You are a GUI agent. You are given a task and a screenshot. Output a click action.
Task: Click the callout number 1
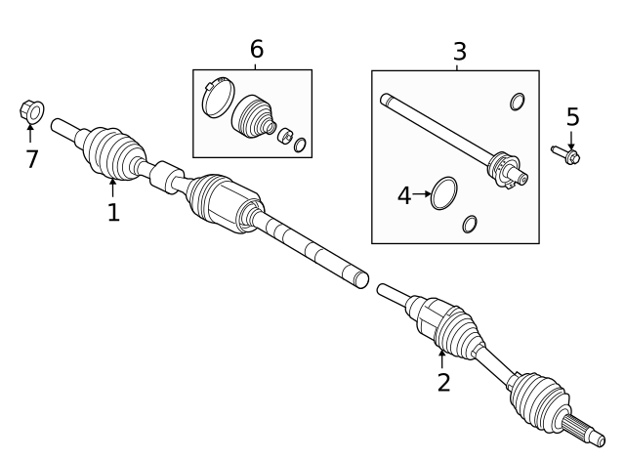pyautogui.click(x=113, y=211)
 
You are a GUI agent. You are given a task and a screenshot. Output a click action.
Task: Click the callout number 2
pyautogui.click(x=443, y=382)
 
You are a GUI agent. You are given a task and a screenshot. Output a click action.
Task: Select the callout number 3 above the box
pyautogui.click(x=459, y=53)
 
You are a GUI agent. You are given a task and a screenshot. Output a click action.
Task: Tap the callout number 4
pyautogui.click(x=404, y=195)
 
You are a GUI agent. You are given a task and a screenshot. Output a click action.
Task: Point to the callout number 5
pyautogui.click(x=572, y=117)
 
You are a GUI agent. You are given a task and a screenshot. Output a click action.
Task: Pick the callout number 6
pyautogui.click(x=256, y=49)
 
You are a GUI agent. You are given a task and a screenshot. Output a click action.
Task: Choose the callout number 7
pyautogui.click(x=32, y=159)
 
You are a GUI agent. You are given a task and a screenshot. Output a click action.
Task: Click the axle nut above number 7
pyautogui.click(x=30, y=113)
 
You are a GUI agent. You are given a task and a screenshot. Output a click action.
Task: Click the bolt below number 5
pyautogui.click(x=566, y=153)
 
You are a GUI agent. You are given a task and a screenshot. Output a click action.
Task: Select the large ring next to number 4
pyautogui.click(x=444, y=192)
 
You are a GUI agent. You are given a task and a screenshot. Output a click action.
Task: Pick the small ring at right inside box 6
pyautogui.click(x=300, y=146)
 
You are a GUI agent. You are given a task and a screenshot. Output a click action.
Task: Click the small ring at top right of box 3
pyautogui.click(x=517, y=101)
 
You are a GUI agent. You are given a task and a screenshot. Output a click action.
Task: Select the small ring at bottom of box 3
pyautogui.click(x=470, y=224)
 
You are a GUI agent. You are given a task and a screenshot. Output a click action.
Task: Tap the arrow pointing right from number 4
pyautogui.click(x=422, y=194)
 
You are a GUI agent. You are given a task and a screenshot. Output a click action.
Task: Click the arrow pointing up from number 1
pyautogui.click(x=113, y=186)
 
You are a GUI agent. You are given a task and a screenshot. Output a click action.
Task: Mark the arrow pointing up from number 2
pyautogui.click(x=442, y=357)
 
